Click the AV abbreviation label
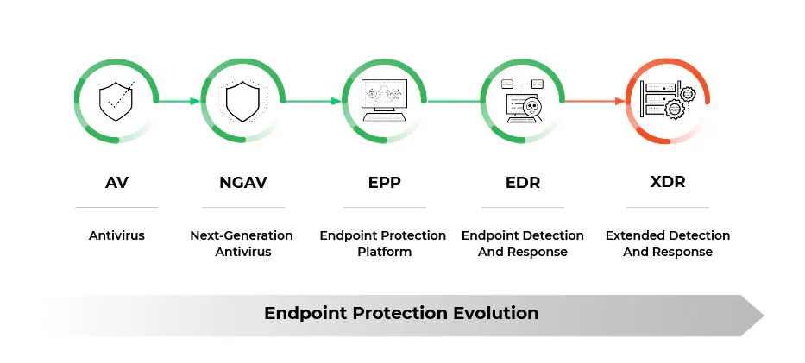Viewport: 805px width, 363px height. [116, 183]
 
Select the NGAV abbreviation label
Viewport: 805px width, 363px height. [242, 183]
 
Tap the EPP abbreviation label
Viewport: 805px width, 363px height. [384, 183]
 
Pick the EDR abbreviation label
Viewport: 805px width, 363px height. [522, 183]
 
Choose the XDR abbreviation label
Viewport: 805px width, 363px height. [667, 183]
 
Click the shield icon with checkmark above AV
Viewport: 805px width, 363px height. [116, 101]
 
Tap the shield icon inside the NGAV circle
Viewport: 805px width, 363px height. [242, 101]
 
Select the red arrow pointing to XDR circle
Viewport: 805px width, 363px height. [595, 101]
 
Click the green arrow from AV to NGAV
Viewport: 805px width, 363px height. [179, 101]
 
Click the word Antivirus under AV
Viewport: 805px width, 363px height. [116, 235]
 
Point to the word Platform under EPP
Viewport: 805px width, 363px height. [384, 252]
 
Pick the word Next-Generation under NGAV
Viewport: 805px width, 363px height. [242, 235]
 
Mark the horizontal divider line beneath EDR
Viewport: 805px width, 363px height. [522, 207]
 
